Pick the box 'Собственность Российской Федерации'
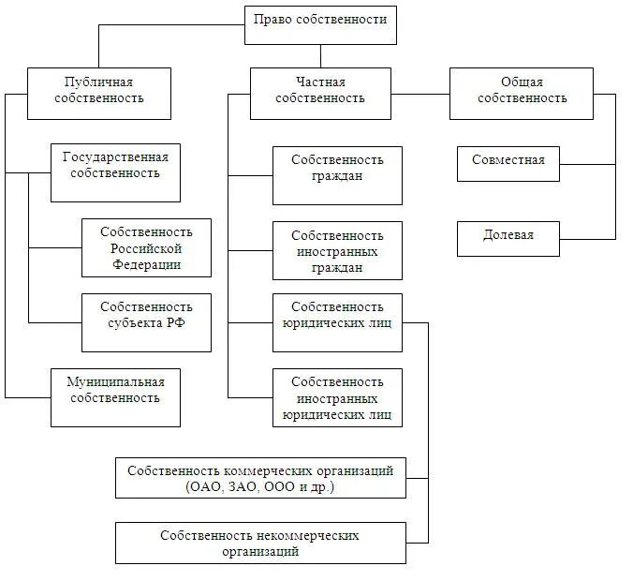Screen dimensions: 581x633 click(146, 247)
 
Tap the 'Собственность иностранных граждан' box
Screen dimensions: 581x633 click(337, 250)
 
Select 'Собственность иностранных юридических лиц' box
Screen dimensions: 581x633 click(337, 397)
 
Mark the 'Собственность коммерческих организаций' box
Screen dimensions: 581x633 click(260, 478)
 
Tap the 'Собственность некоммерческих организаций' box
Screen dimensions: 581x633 click(260, 543)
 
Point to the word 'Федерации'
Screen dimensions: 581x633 click(147, 264)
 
